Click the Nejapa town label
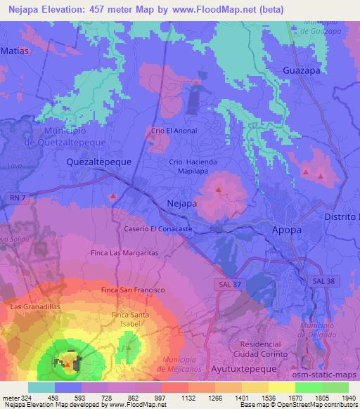pyautogui.click(x=181, y=203)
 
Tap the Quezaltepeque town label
pyautogui.click(x=98, y=161)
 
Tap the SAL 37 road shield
pyautogui.click(x=224, y=281)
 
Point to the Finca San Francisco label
pyautogui.click(x=133, y=290)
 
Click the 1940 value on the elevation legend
pyautogui.click(x=348, y=398)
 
